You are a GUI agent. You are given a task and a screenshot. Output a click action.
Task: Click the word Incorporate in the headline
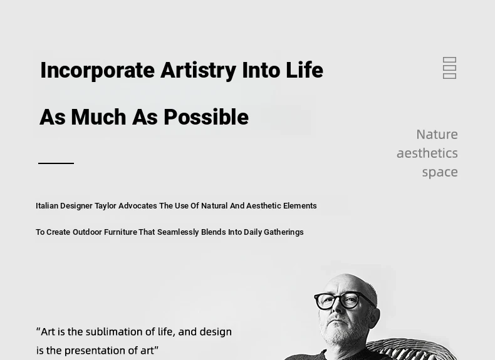point(98,71)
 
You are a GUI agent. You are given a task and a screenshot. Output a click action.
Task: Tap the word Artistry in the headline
point(198,71)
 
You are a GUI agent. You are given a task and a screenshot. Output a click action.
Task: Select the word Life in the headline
point(305,69)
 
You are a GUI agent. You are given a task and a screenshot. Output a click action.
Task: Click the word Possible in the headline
point(206,116)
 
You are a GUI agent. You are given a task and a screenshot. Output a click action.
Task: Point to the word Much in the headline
point(99,117)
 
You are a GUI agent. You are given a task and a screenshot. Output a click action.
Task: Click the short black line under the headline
point(56,163)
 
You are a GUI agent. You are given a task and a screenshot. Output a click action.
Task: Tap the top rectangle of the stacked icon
point(449,60)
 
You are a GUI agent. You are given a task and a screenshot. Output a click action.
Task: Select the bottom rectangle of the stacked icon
point(449,76)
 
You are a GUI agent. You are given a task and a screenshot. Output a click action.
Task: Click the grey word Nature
point(437,135)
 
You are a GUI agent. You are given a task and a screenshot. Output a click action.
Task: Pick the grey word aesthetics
point(427,153)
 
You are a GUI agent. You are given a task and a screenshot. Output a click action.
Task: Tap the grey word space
point(440,173)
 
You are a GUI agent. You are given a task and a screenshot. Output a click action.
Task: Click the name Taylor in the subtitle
point(105,206)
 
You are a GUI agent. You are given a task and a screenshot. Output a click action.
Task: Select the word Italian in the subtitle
point(47,206)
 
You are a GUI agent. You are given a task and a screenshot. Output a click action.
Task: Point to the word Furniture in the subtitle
point(120,232)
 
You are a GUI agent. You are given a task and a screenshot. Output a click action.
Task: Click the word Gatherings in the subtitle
point(283,232)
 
